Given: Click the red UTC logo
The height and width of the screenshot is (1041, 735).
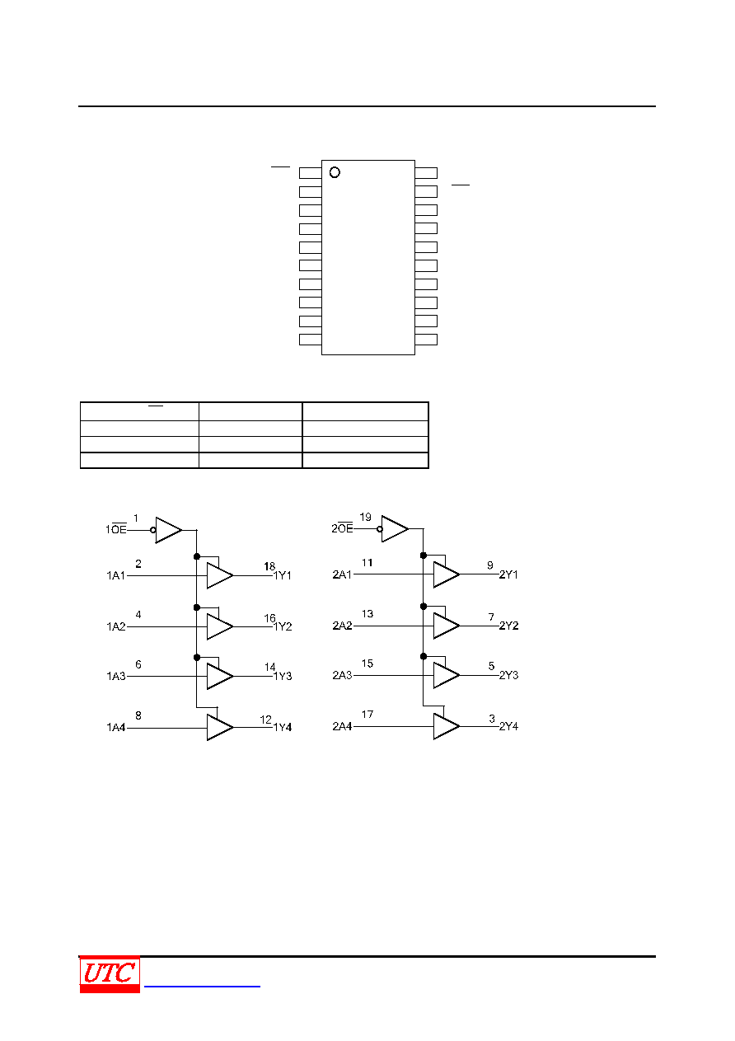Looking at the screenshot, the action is coord(110,973).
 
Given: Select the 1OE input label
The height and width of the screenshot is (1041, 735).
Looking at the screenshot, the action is coord(116,528).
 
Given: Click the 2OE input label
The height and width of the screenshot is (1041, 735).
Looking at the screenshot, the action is coord(342,528).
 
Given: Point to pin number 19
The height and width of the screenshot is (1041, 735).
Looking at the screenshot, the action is coord(365,517).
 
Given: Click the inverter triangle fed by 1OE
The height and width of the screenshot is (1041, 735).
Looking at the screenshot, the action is coord(169,530).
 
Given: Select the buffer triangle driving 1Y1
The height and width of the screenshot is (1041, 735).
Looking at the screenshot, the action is coord(220,575).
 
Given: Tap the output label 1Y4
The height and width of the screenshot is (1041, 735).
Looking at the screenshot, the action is coord(283,727).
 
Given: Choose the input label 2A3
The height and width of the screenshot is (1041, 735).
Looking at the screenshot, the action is coord(342,675).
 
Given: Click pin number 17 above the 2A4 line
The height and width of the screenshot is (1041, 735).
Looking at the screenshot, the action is coord(367,715).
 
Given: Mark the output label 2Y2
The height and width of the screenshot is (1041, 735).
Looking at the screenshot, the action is coord(508,626).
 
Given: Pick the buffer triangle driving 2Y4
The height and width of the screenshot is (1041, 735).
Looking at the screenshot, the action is coord(447,726).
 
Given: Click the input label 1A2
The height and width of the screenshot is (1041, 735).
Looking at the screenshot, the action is coord(116,626).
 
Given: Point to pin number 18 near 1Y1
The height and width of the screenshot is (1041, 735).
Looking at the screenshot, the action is coord(269,566).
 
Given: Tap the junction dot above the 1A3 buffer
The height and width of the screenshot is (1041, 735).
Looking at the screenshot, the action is coord(197,658).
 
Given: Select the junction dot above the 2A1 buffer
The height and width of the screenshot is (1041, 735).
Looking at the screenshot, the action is coord(424,556).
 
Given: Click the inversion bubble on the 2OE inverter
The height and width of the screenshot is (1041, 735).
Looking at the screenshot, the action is coord(380,529).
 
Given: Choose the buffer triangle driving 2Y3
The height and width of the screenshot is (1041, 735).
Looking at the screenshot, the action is coord(447,675).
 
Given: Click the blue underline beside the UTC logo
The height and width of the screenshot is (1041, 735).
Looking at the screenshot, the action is coord(202,986).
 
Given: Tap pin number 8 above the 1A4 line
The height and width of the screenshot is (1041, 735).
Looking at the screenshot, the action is coord(138,715).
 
